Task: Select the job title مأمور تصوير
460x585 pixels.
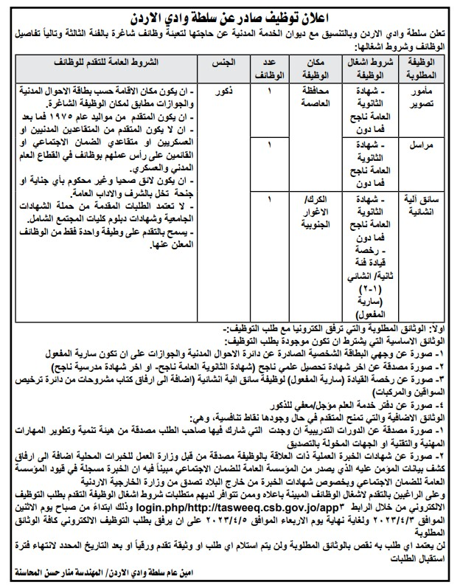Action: (x=423, y=97)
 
